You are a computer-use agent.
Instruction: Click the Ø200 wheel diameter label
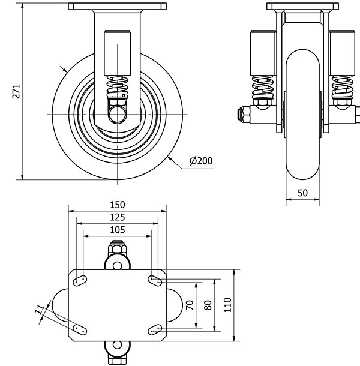(201, 160)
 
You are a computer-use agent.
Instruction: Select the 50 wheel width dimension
(302, 193)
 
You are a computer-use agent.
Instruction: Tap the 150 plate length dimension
(118, 205)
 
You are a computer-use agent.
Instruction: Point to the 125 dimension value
(118, 217)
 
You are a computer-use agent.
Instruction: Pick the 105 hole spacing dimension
(118, 230)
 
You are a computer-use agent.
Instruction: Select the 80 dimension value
(208, 304)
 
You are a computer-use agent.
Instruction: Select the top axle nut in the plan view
(117, 248)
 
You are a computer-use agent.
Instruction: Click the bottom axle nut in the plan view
(117, 359)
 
